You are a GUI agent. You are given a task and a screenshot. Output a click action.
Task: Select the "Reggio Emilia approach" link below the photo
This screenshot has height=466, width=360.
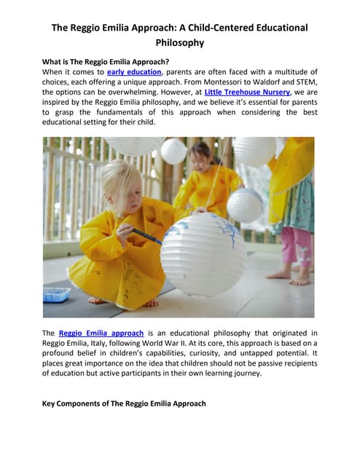click(x=101, y=333)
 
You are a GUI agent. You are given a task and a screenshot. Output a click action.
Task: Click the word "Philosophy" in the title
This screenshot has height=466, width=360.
click(x=179, y=42)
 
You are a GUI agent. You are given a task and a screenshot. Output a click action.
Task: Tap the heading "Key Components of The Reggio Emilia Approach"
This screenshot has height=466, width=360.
click(x=124, y=403)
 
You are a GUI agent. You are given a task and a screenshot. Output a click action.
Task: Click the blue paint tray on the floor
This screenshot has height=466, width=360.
click(x=56, y=295)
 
